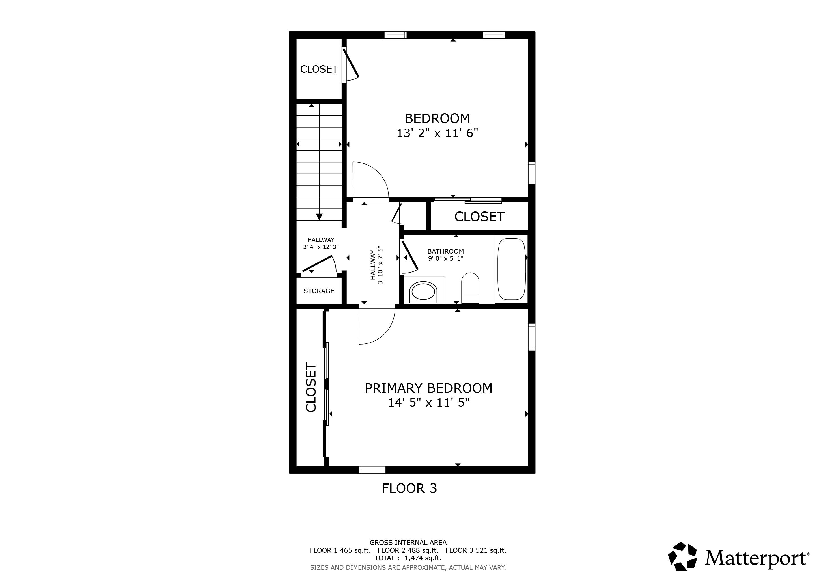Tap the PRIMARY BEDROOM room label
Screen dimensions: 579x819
point(428,388)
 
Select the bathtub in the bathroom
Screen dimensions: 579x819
point(512,269)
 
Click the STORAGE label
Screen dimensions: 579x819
point(319,291)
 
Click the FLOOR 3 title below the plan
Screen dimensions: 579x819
point(409,489)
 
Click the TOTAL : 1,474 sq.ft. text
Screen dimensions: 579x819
point(408,558)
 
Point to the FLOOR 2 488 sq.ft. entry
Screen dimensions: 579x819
point(408,550)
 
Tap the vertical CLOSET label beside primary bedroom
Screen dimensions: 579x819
point(311,388)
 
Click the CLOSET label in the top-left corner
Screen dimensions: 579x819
point(319,69)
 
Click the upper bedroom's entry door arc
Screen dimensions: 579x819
point(371,180)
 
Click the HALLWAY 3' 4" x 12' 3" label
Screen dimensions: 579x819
point(321,243)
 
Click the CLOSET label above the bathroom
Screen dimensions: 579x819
point(479,217)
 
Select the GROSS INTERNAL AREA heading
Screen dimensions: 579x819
point(408,543)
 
